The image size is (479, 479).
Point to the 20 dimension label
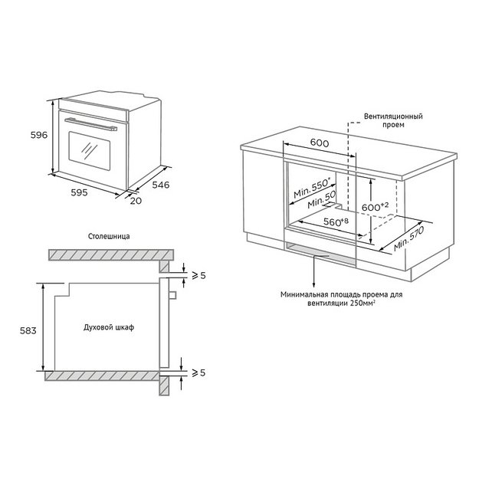click(136, 201)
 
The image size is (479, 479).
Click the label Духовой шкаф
click(109, 328)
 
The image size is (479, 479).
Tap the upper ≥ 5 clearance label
click(198, 275)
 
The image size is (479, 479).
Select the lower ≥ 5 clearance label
click(198, 372)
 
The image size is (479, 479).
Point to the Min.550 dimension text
click(311, 189)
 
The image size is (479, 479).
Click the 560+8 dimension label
click(335, 222)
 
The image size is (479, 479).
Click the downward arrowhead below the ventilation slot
click(315, 282)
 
